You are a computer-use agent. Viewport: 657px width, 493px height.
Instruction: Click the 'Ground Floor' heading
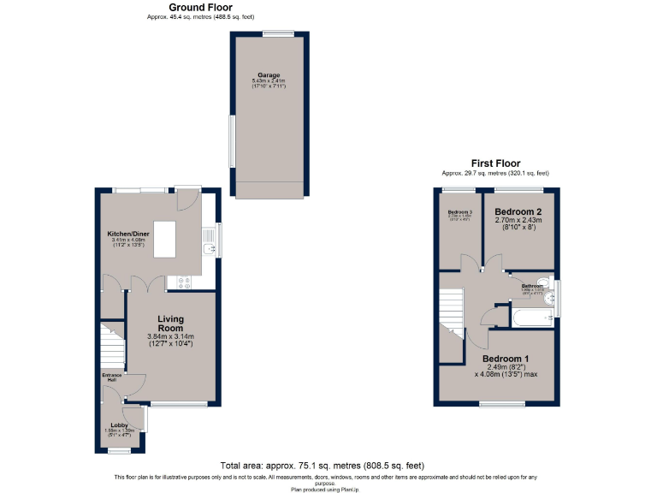(199, 7)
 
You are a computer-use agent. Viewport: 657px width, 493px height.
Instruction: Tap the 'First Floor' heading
(495, 163)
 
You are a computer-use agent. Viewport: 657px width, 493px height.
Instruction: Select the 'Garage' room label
(269, 75)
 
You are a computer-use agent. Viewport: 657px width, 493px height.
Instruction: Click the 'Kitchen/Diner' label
(129, 234)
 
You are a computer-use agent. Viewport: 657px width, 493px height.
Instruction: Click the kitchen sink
(208, 250)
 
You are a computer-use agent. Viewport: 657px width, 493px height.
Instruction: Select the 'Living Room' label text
(171, 324)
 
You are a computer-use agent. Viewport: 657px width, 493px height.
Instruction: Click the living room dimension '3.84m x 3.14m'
(171, 336)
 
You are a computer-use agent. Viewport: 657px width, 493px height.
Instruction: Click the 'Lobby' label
(118, 424)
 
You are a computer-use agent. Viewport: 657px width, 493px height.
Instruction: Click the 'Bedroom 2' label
(518, 211)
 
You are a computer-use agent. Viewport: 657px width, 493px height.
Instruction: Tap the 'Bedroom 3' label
(460, 211)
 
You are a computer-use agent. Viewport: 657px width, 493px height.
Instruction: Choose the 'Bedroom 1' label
(506, 358)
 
